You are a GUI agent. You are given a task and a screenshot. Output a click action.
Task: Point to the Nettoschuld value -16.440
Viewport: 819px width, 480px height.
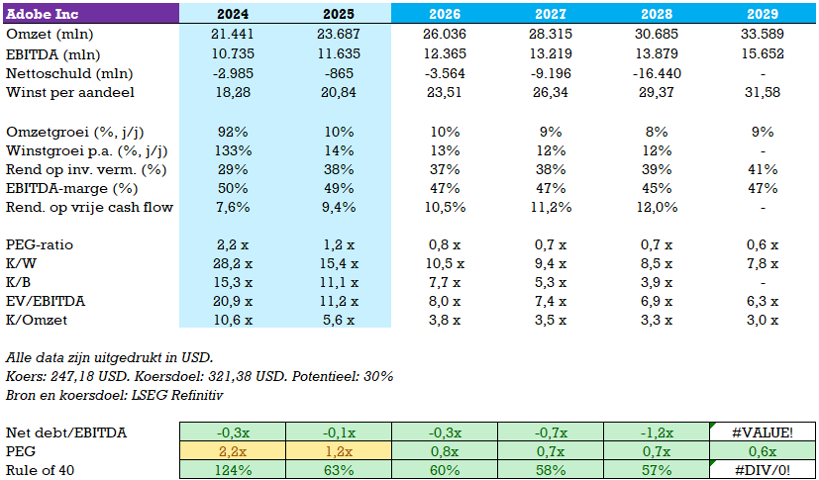point(657,74)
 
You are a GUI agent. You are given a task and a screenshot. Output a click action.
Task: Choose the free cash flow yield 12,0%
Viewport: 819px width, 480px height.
point(657,207)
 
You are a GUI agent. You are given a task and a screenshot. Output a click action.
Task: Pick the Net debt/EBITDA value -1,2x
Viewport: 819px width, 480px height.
point(657,432)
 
